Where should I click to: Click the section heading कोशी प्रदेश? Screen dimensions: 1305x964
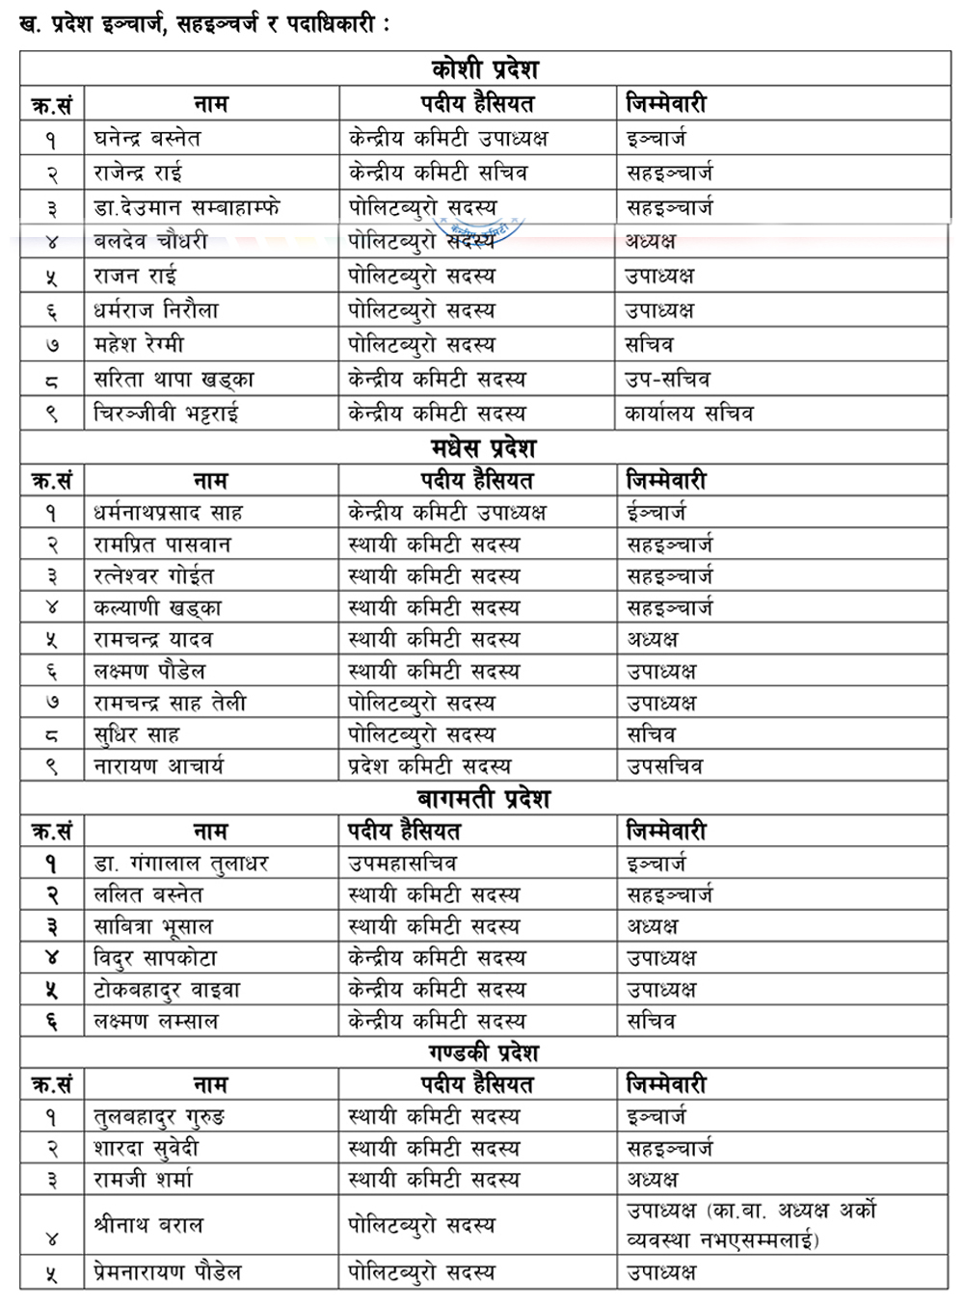click(485, 69)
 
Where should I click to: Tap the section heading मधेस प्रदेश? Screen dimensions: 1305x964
click(483, 448)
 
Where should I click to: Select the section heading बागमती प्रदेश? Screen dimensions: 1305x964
click(484, 799)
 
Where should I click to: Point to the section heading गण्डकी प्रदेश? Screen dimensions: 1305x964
click(484, 1052)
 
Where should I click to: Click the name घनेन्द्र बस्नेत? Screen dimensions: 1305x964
click(147, 139)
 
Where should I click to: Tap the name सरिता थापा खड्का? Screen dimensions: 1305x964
click(174, 379)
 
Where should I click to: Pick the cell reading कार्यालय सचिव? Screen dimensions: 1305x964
click(688, 413)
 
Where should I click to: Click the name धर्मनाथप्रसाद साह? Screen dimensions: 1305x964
click(168, 513)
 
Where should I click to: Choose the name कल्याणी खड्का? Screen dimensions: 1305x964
click(157, 608)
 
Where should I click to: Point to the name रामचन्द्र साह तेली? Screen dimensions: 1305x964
click(170, 703)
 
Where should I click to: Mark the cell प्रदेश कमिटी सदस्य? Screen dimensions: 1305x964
click(429, 766)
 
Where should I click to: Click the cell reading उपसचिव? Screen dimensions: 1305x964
click(664, 766)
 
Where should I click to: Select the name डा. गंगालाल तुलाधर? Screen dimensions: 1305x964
click(180, 864)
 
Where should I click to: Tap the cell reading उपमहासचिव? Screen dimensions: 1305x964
click(402, 864)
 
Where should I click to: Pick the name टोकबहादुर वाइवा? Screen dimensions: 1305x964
click(167, 990)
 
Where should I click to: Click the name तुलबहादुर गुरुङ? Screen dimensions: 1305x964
click(159, 1117)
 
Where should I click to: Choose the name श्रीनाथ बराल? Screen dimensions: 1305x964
click(148, 1225)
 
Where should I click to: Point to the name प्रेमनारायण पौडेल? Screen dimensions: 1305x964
click(167, 1272)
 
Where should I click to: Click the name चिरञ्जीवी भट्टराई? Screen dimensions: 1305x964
click(166, 413)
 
